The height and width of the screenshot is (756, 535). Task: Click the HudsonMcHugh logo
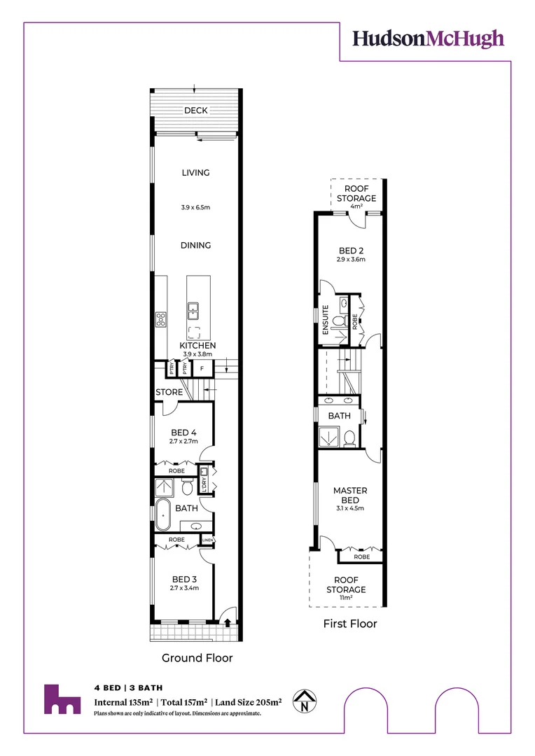tap(428, 38)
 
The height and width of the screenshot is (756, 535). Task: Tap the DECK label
tap(195, 111)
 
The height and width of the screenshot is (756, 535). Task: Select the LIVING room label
tap(195, 173)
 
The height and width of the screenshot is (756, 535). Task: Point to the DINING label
tap(195, 246)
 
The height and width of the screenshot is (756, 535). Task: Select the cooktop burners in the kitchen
tap(160, 318)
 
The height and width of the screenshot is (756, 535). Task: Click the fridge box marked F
tap(202, 368)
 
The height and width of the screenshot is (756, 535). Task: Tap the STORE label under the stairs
tap(169, 393)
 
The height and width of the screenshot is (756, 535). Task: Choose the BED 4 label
tap(183, 432)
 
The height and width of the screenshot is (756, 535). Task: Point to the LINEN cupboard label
tap(207, 540)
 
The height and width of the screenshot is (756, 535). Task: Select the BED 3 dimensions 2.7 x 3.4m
tap(183, 588)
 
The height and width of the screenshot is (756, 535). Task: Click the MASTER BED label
tap(349, 496)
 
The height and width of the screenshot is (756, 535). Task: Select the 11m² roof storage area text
tap(349, 599)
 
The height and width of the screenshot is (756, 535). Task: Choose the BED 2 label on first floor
tap(350, 250)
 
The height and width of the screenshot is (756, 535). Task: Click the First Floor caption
tap(349, 624)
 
